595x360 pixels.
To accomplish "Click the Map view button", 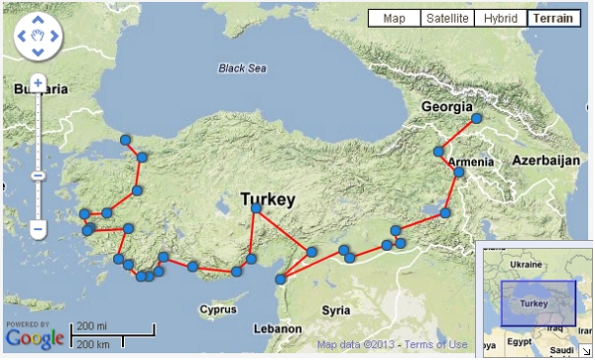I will pyautogui.click(x=394, y=18).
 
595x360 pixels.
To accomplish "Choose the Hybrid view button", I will pyautogui.click(x=500, y=18).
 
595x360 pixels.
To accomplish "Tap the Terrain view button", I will pyautogui.click(x=555, y=18).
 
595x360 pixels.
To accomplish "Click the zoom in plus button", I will pyautogui.click(x=38, y=82).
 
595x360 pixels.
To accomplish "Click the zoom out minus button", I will pyautogui.click(x=38, y=229).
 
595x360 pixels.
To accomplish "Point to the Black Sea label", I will pyautogui.click(x=244, y=68).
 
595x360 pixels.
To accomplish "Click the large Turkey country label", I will pyautogui.click(x=268, y=199).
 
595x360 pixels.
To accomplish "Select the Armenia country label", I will pyautogui.click(x=470, y=162).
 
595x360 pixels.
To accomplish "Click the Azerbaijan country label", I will pyautogui.click(x=544, y=160).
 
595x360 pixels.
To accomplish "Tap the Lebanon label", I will pyautogui.click(x=277, y=328).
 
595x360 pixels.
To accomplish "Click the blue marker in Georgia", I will pyautogui.click(x=476, y=118).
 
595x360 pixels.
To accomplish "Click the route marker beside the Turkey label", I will pyautogui.click(x=257, y=209).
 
